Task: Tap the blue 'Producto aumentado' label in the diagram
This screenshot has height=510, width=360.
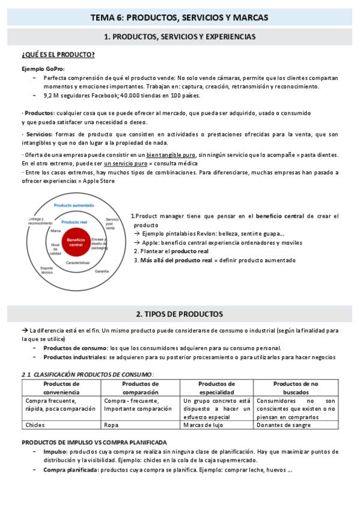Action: tap(73, 206)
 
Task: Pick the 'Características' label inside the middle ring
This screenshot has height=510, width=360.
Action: tap(78, 263)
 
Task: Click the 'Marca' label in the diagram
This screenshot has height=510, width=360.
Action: tap(56, 231)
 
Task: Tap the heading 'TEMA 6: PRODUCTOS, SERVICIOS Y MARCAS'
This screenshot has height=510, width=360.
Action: tap(180, 17)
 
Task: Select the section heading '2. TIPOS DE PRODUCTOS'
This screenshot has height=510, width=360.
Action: tap(180, 314)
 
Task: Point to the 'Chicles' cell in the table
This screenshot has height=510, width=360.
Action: tap(35, 425)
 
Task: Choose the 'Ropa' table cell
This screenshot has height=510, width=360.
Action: tap(111, 425)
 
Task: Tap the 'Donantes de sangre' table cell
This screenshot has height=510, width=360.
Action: tap(283, 425)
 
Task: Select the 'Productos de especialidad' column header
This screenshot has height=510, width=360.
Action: tap(216, 387)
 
